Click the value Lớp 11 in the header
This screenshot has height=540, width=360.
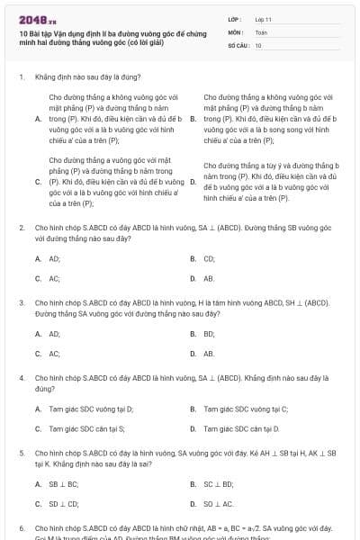(263, 18)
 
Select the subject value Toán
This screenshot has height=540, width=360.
(261, 31)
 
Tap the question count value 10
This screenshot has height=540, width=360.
(258, 45)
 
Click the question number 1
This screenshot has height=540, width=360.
(21, 77)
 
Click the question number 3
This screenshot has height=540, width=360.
(21, 303)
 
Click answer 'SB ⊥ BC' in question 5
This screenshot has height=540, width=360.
(64, 484)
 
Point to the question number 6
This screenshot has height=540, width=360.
(21, 528)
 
